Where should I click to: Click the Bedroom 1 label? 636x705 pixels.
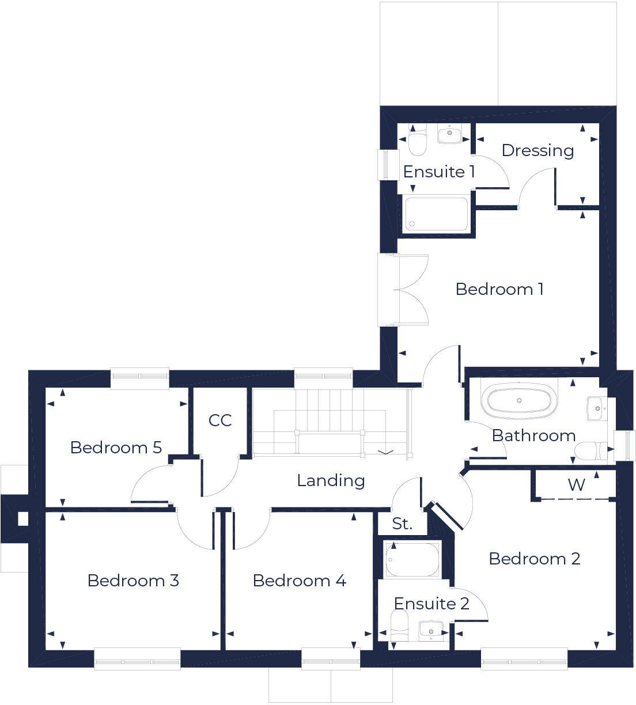click(x=499, y=289)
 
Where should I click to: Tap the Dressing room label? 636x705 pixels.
click(x=537, y=150)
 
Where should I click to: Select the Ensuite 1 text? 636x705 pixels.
click(x=439, y=172)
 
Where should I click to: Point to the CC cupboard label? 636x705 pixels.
click(x=220, y=420)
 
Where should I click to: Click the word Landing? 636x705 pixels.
click(x=331, y=480)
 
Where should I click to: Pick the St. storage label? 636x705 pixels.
click(x=402, y=524)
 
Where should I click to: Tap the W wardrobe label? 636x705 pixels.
click(x=576, y=485)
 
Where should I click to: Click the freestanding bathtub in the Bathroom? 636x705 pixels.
click(x=519, y=400)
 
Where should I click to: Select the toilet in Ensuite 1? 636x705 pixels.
click(x=418, y=142)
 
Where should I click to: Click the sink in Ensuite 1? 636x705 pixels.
click(x=449, y=135)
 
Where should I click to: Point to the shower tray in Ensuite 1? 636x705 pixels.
click(x=436, y=214)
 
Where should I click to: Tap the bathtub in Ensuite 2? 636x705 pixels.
click(x=412, y=559)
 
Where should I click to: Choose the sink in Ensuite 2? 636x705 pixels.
click(x=430, y=629)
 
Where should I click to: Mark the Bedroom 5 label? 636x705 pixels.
click(x=116, y=448)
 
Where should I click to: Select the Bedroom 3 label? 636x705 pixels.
click(x=133, y=581)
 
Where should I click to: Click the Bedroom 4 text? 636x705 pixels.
click(x=299, y=581)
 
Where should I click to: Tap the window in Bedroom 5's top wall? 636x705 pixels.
click(x=140, y=377)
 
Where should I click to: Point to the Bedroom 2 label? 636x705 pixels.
click(x=534, y=559)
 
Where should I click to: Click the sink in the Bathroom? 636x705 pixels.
click(x=596, y=408)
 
